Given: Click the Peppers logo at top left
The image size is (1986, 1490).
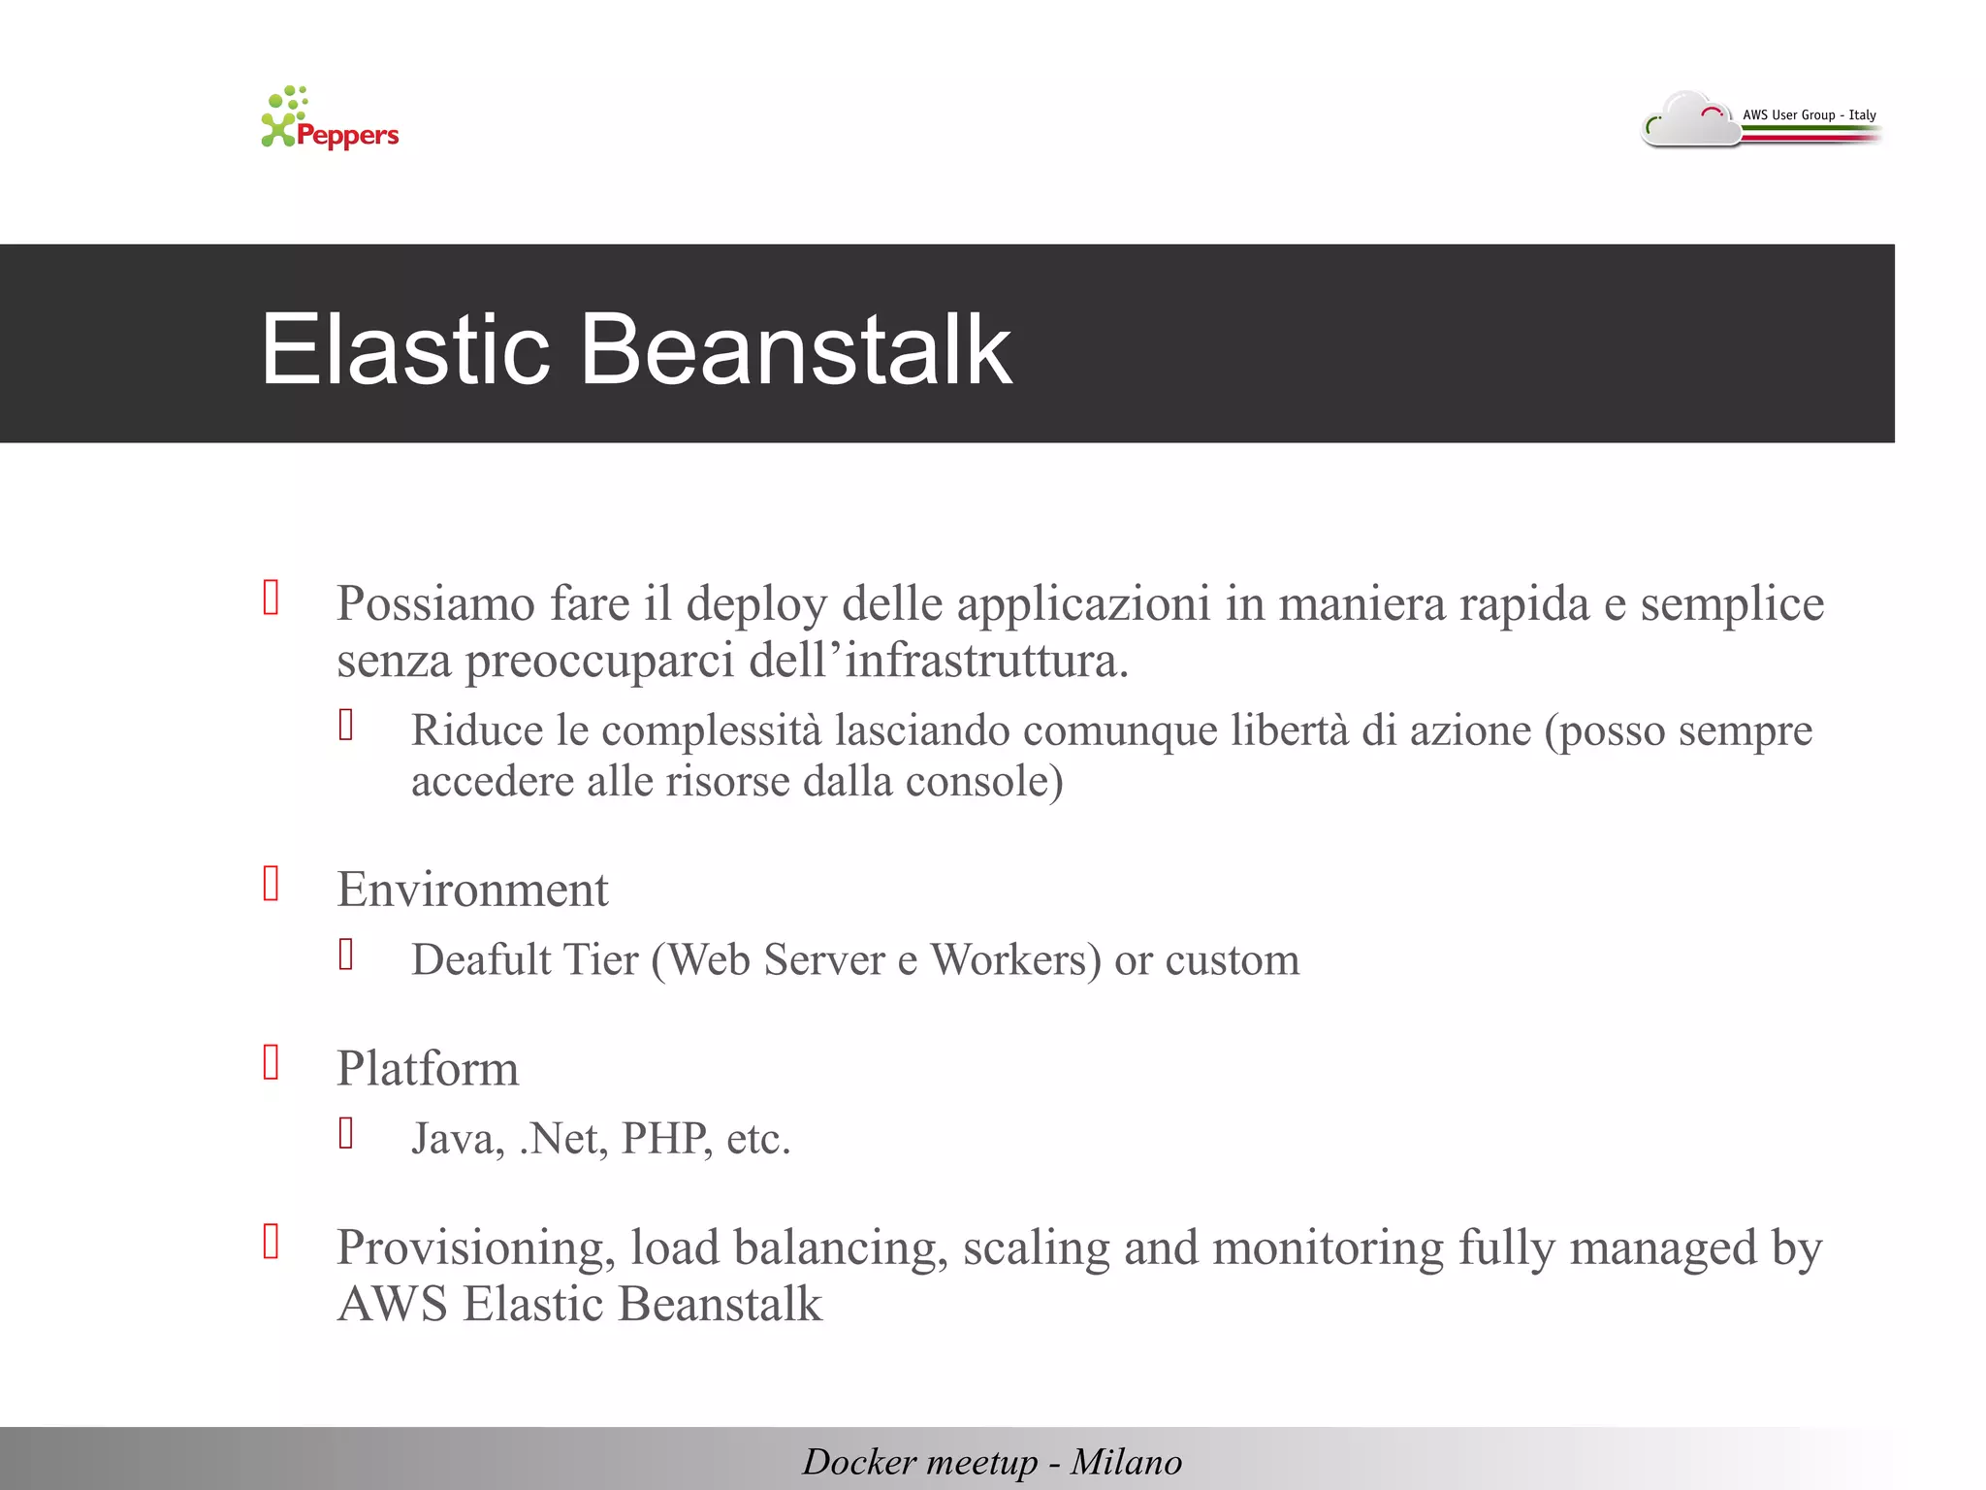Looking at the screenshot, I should pyautogui.click(x=330, y=119).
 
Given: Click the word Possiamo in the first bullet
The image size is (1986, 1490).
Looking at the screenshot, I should pyautogui.click(x=435, y=603).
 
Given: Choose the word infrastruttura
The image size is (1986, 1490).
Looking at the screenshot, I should pyautogui.click(x=986, y=662).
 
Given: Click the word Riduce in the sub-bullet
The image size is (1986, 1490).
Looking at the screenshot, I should pyautogui.click(x=476, y=730).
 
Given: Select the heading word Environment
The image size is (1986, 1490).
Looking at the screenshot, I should pyautogui.click(x=472, y=890).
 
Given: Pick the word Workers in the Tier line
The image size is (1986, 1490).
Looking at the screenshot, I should pyautogui.click(x=1015, y=960).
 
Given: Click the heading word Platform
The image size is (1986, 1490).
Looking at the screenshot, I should pyautogui.click(x=428, y=1069).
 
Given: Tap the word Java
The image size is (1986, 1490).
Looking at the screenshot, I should pyautogui.click(x=457, y=1139).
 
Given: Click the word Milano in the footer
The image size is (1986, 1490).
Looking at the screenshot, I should pyautogui.click(x=1126, y=1462).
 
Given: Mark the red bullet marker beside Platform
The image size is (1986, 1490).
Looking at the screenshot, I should pyautogui.click(x=272, y=1063).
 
